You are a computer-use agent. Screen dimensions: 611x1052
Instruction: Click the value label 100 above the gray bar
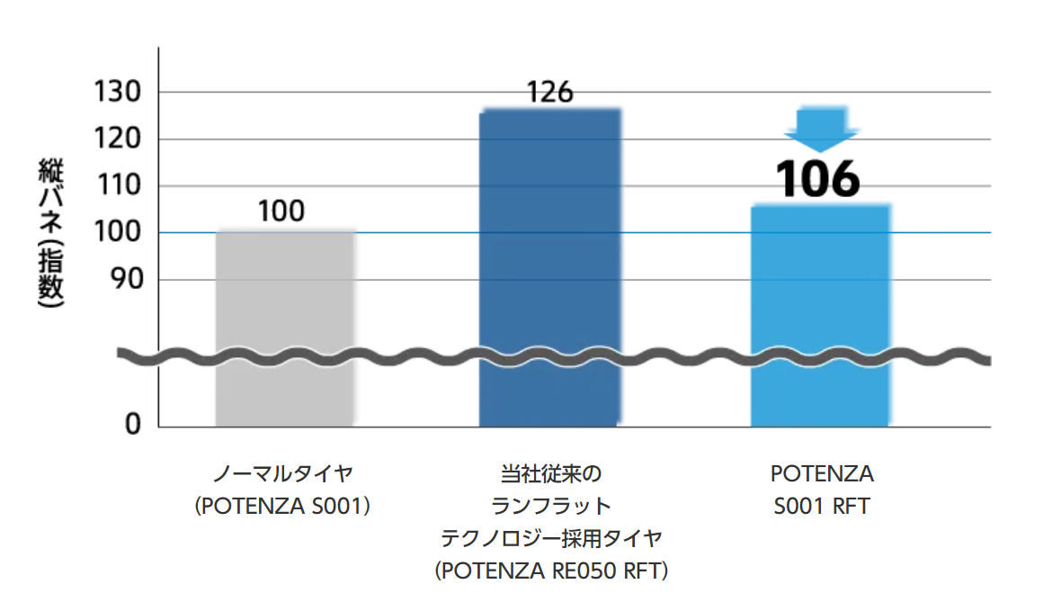[x=281, y=211]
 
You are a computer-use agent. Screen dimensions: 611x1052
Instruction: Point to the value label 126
[x=549, y=92]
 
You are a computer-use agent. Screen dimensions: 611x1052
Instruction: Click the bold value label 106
[x=819, y=179]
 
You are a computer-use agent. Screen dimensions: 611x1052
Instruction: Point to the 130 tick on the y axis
[x=118, y=93]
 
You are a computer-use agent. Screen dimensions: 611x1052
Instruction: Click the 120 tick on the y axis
[x=118, y=139]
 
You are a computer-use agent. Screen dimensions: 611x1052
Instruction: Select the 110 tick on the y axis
[x=118, y=186]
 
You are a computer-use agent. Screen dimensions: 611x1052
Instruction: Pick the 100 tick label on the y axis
[x=118, y=233]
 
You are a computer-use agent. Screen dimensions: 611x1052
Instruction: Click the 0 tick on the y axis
[x=133, y=425]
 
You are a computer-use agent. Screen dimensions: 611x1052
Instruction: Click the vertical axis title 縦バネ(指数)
[x=50, y=233]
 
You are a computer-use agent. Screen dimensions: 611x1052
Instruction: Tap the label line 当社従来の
[x=550, y=474]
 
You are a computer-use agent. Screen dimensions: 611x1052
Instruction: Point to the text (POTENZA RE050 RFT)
[x=550, y=571]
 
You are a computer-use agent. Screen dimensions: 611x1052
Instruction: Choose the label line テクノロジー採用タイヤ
[x=550, y=539]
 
